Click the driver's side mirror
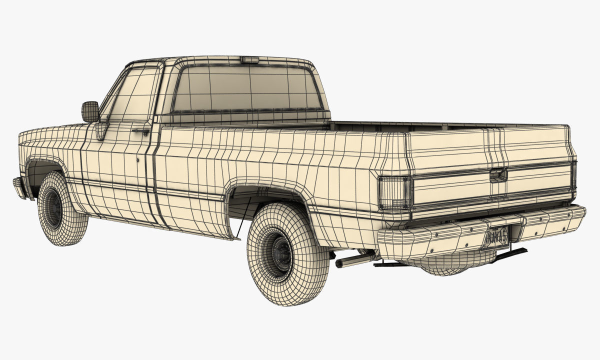point(90,111)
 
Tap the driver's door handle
point(140,131)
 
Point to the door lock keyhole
point(137,160)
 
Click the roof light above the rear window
point(249,60)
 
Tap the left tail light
point(394,192)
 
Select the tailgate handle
point(498,174)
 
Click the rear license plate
point(496,235)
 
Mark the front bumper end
point(18,187)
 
